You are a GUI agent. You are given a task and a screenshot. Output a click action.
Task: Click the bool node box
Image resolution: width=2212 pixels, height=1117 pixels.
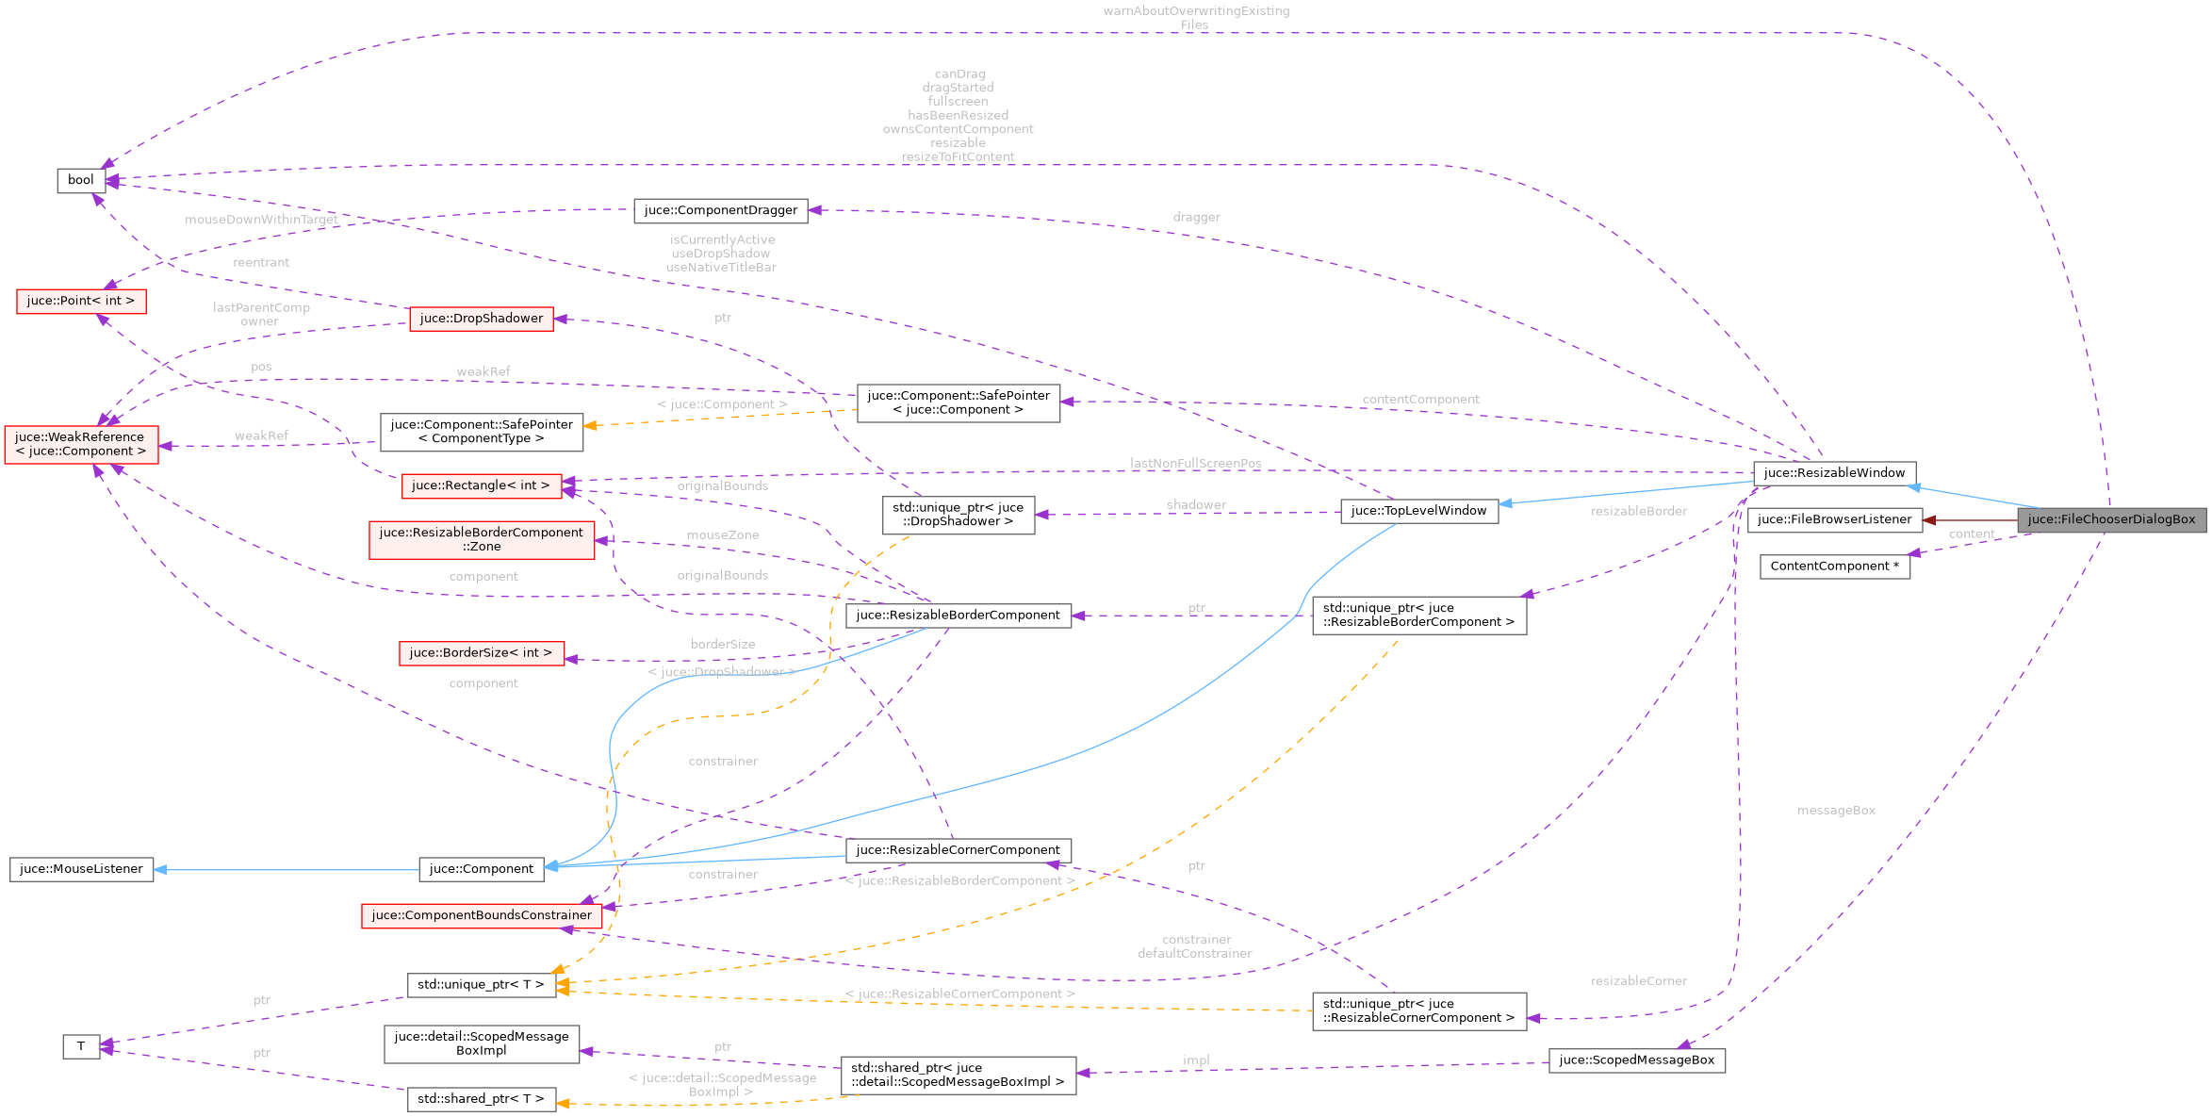tap(81, 180)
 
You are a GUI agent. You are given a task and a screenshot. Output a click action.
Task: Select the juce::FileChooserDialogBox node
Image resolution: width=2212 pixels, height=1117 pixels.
tap(2111, 519)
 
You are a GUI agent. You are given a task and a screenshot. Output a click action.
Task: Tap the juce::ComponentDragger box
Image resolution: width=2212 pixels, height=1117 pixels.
tap(720, 210)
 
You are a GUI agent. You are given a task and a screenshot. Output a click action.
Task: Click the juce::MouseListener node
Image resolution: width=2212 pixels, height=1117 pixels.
tap(81, 869)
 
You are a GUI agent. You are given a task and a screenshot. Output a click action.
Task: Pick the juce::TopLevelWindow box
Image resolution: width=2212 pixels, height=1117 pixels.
tap(1418, 511)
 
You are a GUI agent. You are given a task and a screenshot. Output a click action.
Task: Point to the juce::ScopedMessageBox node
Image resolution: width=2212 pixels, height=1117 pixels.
tap(1636, 1060)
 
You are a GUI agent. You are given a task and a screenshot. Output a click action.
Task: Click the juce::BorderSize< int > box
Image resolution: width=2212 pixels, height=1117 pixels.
tap(481, 653)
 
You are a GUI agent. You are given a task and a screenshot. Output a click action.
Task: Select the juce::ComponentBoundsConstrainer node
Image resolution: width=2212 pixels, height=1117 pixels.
tap(482, 915)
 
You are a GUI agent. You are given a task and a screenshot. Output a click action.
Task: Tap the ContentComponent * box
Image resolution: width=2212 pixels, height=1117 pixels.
tap(1834, 567)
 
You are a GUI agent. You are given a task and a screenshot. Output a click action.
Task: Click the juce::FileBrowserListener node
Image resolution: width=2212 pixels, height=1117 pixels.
tap(1834, 519)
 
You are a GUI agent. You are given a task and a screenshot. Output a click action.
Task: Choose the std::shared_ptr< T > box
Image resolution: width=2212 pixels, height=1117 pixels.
tap(481, 1099)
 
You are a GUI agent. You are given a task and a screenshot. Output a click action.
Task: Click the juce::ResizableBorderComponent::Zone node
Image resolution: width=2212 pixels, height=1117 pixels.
tap(482, 539)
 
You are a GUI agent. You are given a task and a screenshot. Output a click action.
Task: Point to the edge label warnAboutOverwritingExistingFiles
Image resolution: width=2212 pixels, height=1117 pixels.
tap(1195, 18)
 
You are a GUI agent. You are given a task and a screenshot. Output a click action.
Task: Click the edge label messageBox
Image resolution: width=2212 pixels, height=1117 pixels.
tap(1835, 811)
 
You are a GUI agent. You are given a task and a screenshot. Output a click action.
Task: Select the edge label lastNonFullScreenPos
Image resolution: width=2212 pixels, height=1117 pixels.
tap(1195, 464)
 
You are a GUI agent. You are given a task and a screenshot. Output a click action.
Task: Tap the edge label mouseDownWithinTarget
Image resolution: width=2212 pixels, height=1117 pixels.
tap(261, 220)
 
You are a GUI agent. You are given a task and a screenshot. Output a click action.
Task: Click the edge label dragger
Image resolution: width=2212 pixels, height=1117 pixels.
tap(1196, 218)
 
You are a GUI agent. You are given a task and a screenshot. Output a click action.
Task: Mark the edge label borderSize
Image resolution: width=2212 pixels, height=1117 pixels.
tap(722, 645)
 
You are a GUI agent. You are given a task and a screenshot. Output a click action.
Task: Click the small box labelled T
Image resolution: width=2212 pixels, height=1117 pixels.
tap(81, 1046)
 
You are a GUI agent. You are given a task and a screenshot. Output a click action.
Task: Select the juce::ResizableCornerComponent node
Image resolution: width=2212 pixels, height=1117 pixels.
tap(958, 850)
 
